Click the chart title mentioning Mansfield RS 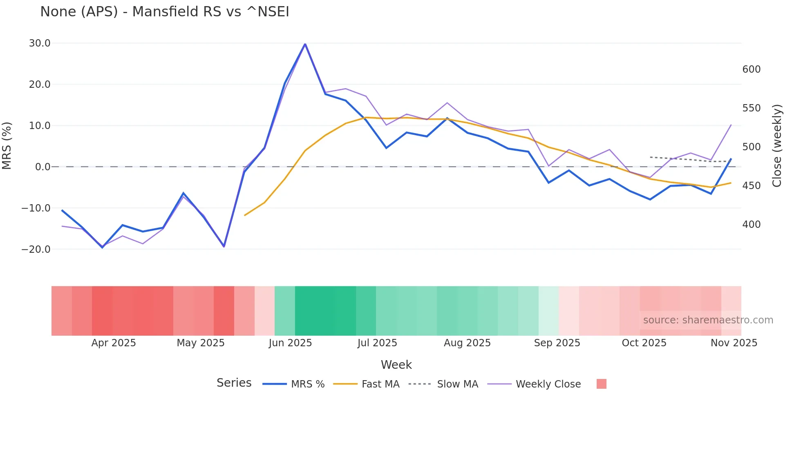[164, 12]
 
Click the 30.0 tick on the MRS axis [40, 43]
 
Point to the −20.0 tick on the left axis [36, 249]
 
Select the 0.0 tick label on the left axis [43, 167]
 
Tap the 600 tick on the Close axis [751, 69]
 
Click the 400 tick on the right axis [751, 225]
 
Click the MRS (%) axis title [7, 146]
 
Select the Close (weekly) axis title [776, 146]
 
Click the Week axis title [396, 365]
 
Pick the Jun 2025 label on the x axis [290, 343]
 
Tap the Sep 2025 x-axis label [557, 343]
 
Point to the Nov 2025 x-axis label [734, 343]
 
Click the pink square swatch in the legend [601, 384]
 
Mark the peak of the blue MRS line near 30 [305, 44]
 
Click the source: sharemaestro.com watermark [708, 320]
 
